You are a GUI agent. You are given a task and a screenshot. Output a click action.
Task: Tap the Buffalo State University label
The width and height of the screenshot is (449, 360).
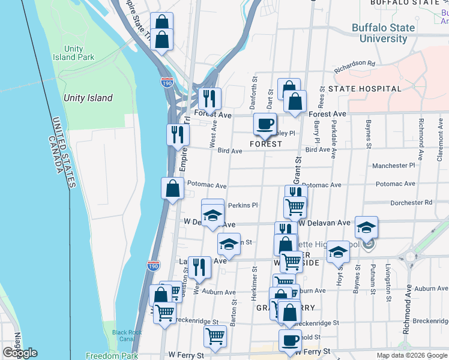pyautogui.click(x=383, y=33)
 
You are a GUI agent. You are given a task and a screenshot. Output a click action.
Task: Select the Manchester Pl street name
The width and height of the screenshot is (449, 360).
pyautogui.click(x=393, y=165)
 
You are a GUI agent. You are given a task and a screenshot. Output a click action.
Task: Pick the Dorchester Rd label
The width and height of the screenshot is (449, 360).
pyautogui.click(x=411, y=203)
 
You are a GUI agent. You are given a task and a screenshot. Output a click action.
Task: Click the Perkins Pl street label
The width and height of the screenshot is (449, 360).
pyautogui.click(x=243, y=205)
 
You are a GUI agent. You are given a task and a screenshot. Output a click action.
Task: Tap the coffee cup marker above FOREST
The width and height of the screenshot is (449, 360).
pyautogui.click(x=265, y=125)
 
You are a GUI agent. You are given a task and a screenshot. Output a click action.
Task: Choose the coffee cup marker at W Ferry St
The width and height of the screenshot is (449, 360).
pyautogui.click(x=290, y=341)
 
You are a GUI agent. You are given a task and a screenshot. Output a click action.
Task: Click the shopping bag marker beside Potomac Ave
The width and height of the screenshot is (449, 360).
pyautogui.click(x=172, y=189)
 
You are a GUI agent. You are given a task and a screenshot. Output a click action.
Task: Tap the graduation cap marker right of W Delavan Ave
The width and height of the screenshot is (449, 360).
pyautogui.click(x=366, y=227)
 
